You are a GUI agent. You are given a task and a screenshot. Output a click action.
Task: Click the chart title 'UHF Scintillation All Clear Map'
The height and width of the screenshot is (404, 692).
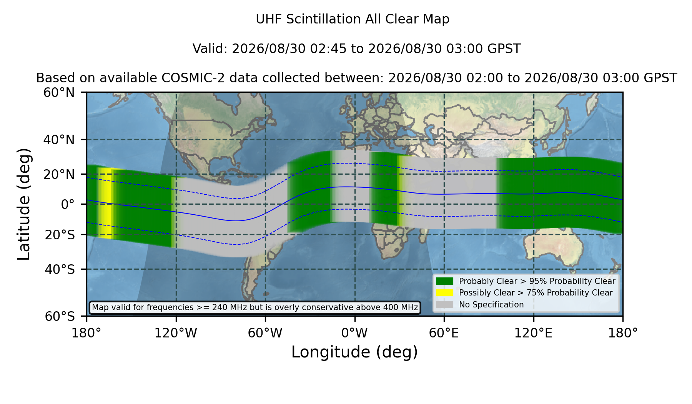(x=353, y=19)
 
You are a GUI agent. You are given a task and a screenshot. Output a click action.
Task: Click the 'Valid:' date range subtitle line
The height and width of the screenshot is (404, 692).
(x=356, y=49)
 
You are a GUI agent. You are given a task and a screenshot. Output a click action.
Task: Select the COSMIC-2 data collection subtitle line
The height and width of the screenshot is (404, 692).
(x=356, y=78)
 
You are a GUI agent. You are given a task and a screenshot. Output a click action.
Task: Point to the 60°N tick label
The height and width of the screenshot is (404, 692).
(x=59, y=92)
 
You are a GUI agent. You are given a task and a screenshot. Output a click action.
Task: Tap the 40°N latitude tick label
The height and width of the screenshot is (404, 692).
(x=59, y=140)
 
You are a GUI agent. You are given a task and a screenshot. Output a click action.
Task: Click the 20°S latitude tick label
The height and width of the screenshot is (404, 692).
(x=60, y=235)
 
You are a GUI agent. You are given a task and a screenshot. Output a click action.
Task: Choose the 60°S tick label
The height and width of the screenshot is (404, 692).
(x=60, y=316)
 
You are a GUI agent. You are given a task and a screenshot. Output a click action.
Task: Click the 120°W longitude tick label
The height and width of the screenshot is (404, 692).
(x=176, y=333)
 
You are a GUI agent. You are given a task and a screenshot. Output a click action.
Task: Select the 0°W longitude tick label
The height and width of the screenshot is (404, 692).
(x=354, y=333)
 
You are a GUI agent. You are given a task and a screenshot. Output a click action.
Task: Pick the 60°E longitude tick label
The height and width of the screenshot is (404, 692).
(x=444, y=333)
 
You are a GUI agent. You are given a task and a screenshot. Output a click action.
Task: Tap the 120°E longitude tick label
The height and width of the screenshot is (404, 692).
(x=534, y=333)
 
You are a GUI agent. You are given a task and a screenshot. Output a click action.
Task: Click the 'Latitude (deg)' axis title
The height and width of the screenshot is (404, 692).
(x=24, y=204)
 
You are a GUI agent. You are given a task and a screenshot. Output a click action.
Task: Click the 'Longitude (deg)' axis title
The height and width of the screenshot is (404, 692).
(x=354, y=352)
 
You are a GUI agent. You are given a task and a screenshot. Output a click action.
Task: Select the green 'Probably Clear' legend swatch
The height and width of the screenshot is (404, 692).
(x=444, y=281)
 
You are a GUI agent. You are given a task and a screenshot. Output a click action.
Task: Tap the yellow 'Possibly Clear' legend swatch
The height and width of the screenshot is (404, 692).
(x=444, y=292)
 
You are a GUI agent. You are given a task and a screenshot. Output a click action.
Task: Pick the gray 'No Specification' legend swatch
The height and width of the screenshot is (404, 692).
(x=444, y=304)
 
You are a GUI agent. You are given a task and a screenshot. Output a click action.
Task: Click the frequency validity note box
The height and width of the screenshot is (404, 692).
(x=255, y=307)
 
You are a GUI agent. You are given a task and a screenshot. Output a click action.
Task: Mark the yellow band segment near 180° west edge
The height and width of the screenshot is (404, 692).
(x=105, y=203)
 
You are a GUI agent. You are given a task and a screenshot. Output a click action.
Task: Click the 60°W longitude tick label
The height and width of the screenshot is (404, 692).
(x=265, y=333)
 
